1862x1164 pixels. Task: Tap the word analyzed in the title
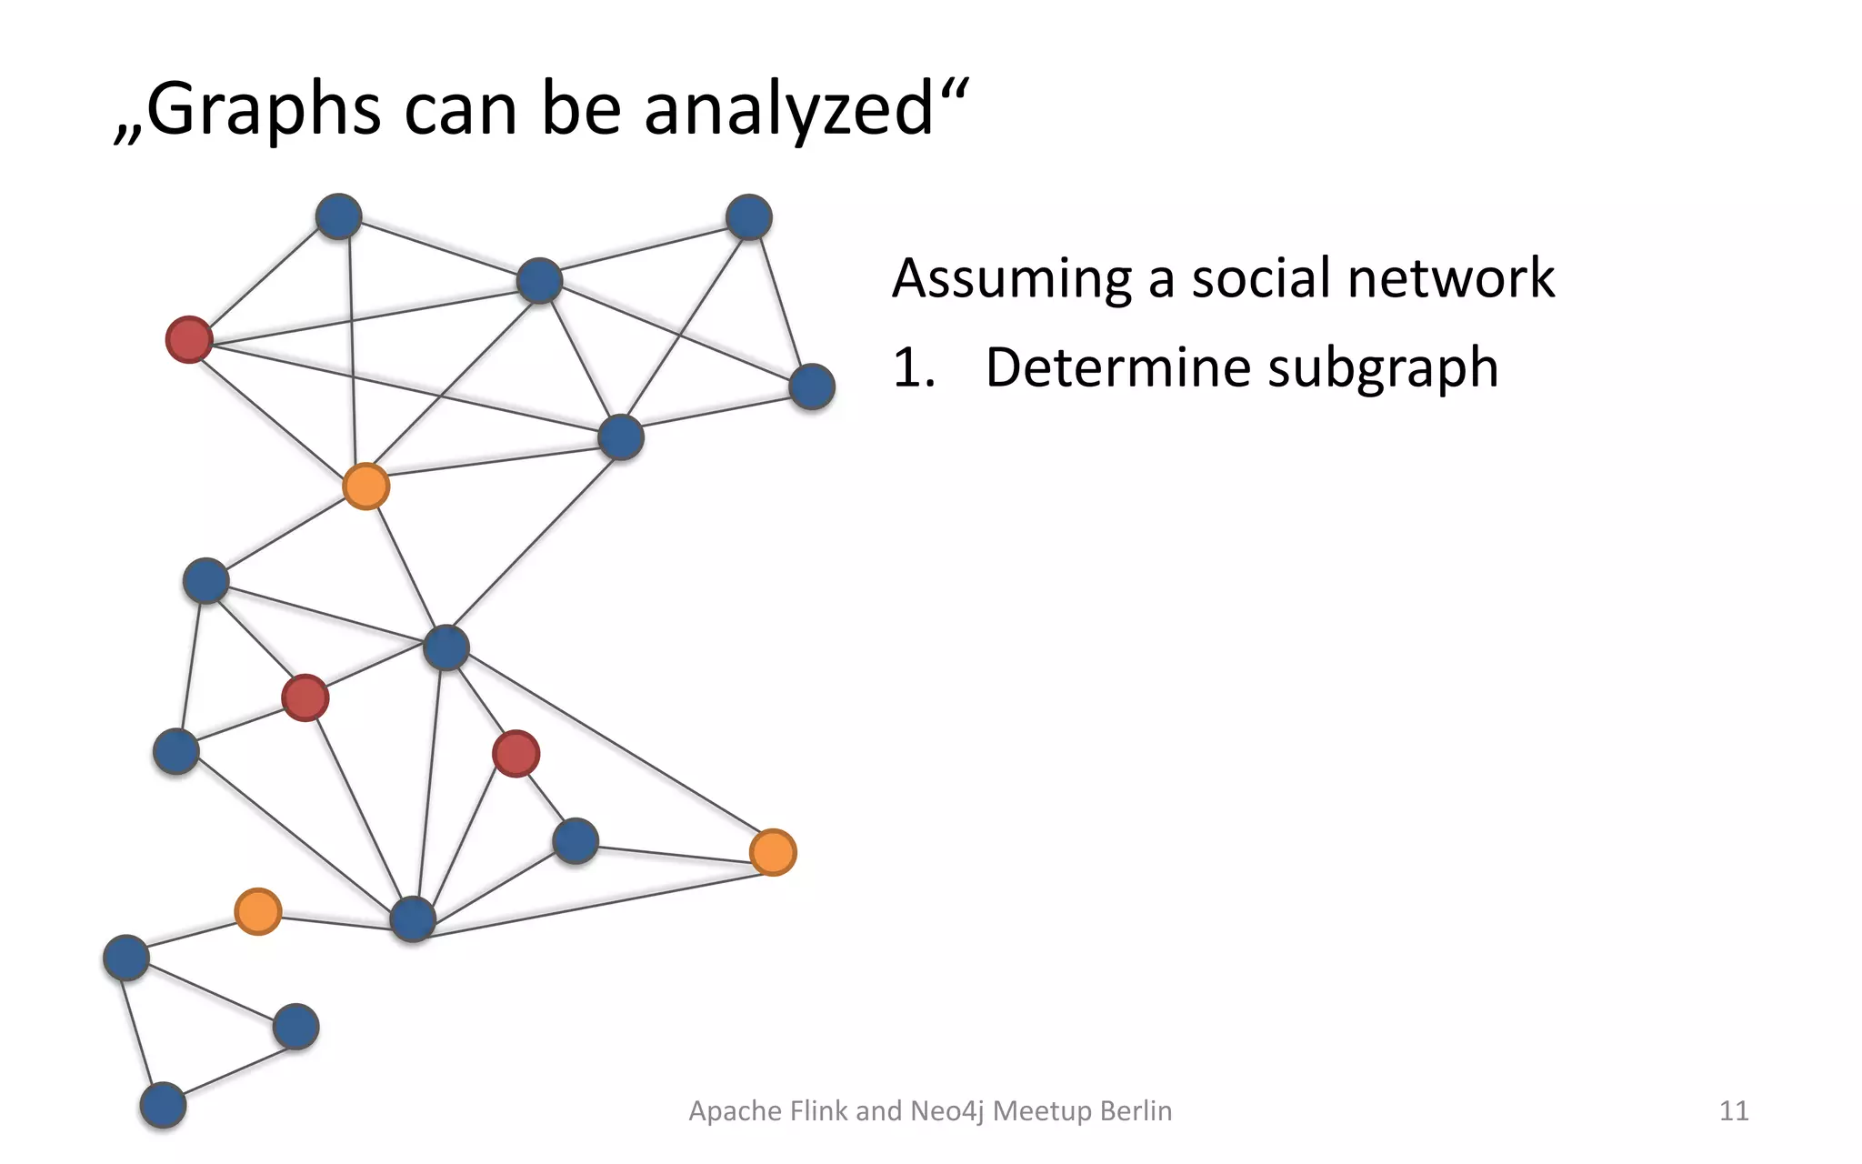(789, 111)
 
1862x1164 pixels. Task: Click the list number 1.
(912, 368)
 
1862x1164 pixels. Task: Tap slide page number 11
(1734, 1111)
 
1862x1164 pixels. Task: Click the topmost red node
(189, 340)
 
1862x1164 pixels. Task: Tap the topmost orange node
(365, 487)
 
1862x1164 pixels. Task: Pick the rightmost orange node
(773, 853)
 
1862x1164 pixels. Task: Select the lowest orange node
(258, 911)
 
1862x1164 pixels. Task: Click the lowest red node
(516, 754)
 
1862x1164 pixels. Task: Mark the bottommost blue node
(163, 1106)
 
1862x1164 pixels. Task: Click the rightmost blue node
(812, 387)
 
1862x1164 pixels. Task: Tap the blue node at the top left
(338, 216)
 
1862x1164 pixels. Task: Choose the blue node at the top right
(749, 217)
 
